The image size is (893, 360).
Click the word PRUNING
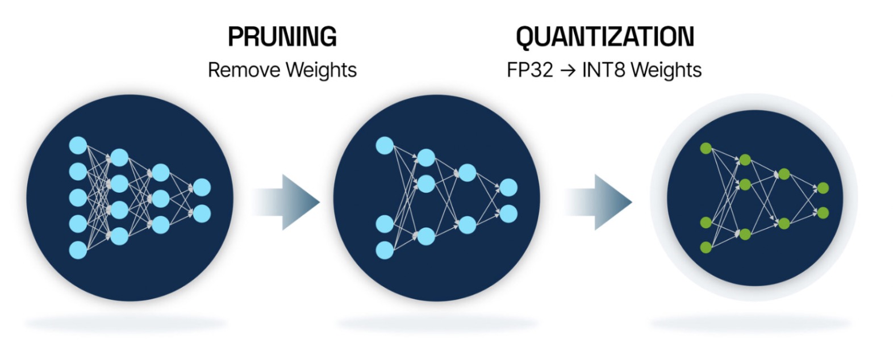coord(282,36)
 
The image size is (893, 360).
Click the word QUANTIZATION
coord(604,36)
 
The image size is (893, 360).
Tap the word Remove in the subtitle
coord(244,70)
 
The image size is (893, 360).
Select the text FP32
coord(529,70)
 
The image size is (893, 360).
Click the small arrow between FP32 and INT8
coord(567,70)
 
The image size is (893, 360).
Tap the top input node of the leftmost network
coord(78,145)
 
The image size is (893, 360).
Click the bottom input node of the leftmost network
coord(78,250)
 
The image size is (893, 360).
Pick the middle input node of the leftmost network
coord(78,198)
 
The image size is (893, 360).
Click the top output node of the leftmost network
coord(202,187)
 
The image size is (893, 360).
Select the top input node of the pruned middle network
coord(385,145)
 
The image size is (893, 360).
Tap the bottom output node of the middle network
coord(508,214)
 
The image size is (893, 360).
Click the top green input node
coord(706,148)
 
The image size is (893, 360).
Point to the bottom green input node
coord(706,247)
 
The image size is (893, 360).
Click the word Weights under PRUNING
coord(321,70)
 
